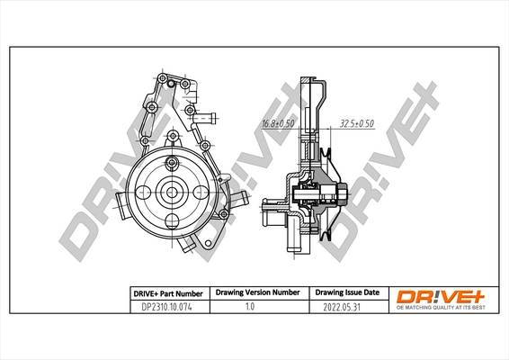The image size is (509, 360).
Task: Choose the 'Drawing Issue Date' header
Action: tap(345, 293)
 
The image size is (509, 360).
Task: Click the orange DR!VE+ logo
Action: tap(440, 293)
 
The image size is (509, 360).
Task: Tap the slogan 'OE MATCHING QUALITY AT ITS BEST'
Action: tap(440, 306)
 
